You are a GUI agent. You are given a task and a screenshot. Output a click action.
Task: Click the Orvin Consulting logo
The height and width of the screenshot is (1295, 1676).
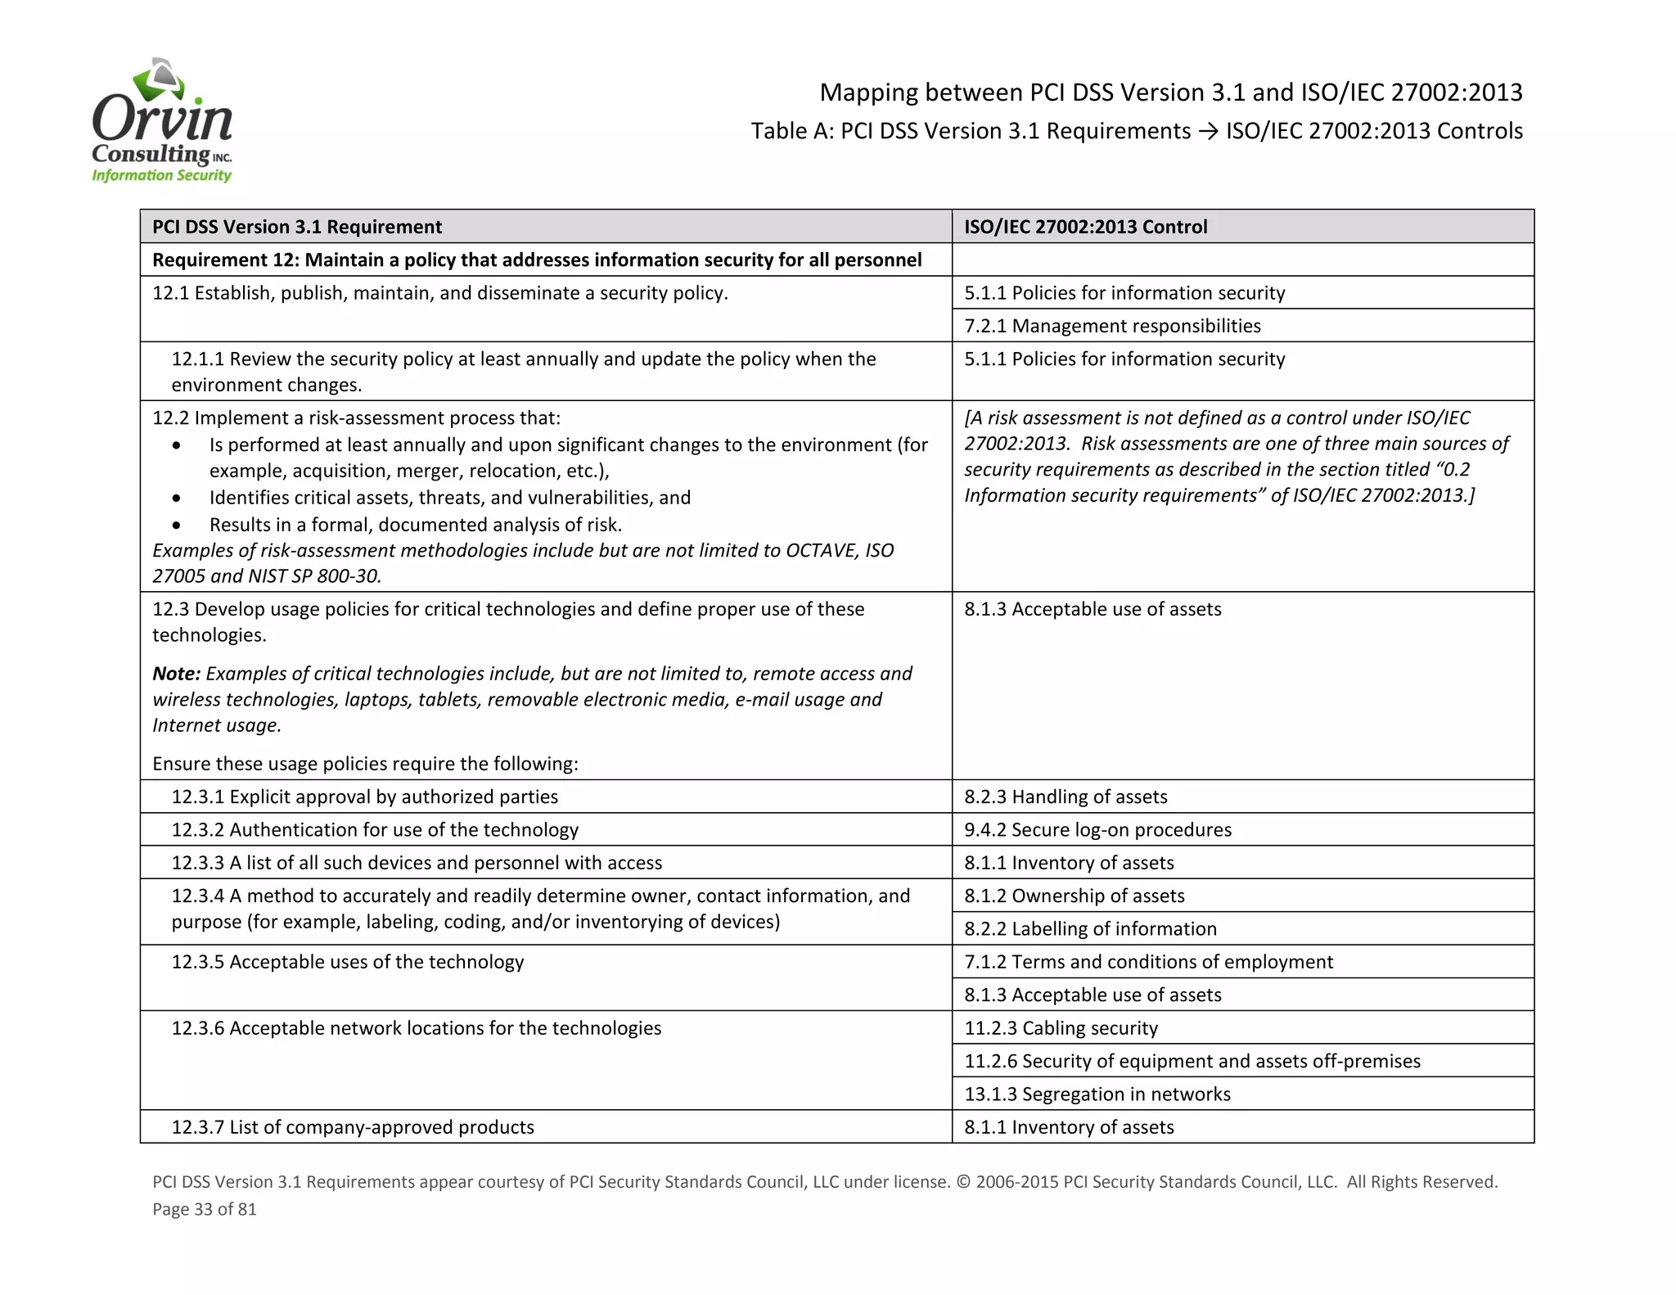tap(162, 121)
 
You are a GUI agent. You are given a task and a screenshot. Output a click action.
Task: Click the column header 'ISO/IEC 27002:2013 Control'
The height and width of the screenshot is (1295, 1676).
tap(1085, 227)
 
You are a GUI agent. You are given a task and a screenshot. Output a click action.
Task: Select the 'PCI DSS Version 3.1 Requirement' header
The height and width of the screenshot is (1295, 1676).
tap(297, 227)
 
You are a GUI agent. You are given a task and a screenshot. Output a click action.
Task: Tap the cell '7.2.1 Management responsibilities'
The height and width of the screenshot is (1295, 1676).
tap(1112, 326)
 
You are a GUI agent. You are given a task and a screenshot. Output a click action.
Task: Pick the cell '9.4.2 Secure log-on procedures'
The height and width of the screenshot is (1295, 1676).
tap(1097, 829)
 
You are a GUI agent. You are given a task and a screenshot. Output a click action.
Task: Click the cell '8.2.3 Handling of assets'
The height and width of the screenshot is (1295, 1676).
tap(1066, 796)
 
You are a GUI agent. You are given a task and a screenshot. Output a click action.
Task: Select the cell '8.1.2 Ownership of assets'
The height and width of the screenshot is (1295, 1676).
tap(1074, 896)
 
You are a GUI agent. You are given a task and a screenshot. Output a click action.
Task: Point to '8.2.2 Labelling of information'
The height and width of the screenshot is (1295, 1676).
tap(1090, 928)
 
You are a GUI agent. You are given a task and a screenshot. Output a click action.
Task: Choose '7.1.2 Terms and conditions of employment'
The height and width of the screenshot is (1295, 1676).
tap(1148, 962)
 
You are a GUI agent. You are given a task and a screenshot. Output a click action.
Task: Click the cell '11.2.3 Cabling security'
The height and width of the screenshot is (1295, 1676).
tap(1061, 1028)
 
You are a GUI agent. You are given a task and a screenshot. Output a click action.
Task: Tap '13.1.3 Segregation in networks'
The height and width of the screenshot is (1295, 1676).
tap(1097, 1094)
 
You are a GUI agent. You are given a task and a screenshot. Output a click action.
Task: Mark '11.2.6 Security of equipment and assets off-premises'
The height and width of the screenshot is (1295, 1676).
tap(1192, 1061)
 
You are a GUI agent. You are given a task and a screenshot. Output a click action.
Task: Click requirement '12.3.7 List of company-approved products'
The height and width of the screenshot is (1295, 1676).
tap(353, 1127)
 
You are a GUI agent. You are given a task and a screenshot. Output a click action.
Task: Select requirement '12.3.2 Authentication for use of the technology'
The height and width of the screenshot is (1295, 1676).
tap(375, 829)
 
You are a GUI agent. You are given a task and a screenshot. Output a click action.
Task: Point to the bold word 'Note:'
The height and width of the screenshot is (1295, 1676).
tap(177, 674)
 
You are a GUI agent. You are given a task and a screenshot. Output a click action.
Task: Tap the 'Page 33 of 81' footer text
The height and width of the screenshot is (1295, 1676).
tap(205, 1209)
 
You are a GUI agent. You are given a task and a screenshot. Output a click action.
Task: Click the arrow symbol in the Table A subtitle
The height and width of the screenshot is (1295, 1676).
tap(1208, 131)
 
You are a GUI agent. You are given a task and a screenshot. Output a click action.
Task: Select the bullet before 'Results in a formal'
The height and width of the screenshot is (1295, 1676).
tap(177, 525)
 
